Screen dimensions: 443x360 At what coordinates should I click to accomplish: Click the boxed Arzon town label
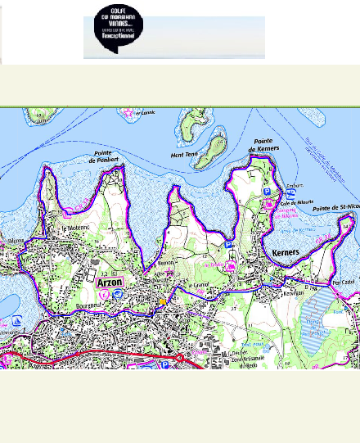click(x=109, y=282)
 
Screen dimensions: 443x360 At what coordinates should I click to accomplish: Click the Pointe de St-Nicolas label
click(x=336, y=208)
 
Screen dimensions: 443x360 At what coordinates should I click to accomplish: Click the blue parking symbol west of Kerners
click(x=229, y=244)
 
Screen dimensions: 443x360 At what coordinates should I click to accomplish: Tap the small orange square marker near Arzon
click(x=162, y=302)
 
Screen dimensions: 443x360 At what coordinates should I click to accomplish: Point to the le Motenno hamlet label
click(x=75, y=228)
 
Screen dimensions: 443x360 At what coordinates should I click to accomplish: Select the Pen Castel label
click(x=343, y=282)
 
